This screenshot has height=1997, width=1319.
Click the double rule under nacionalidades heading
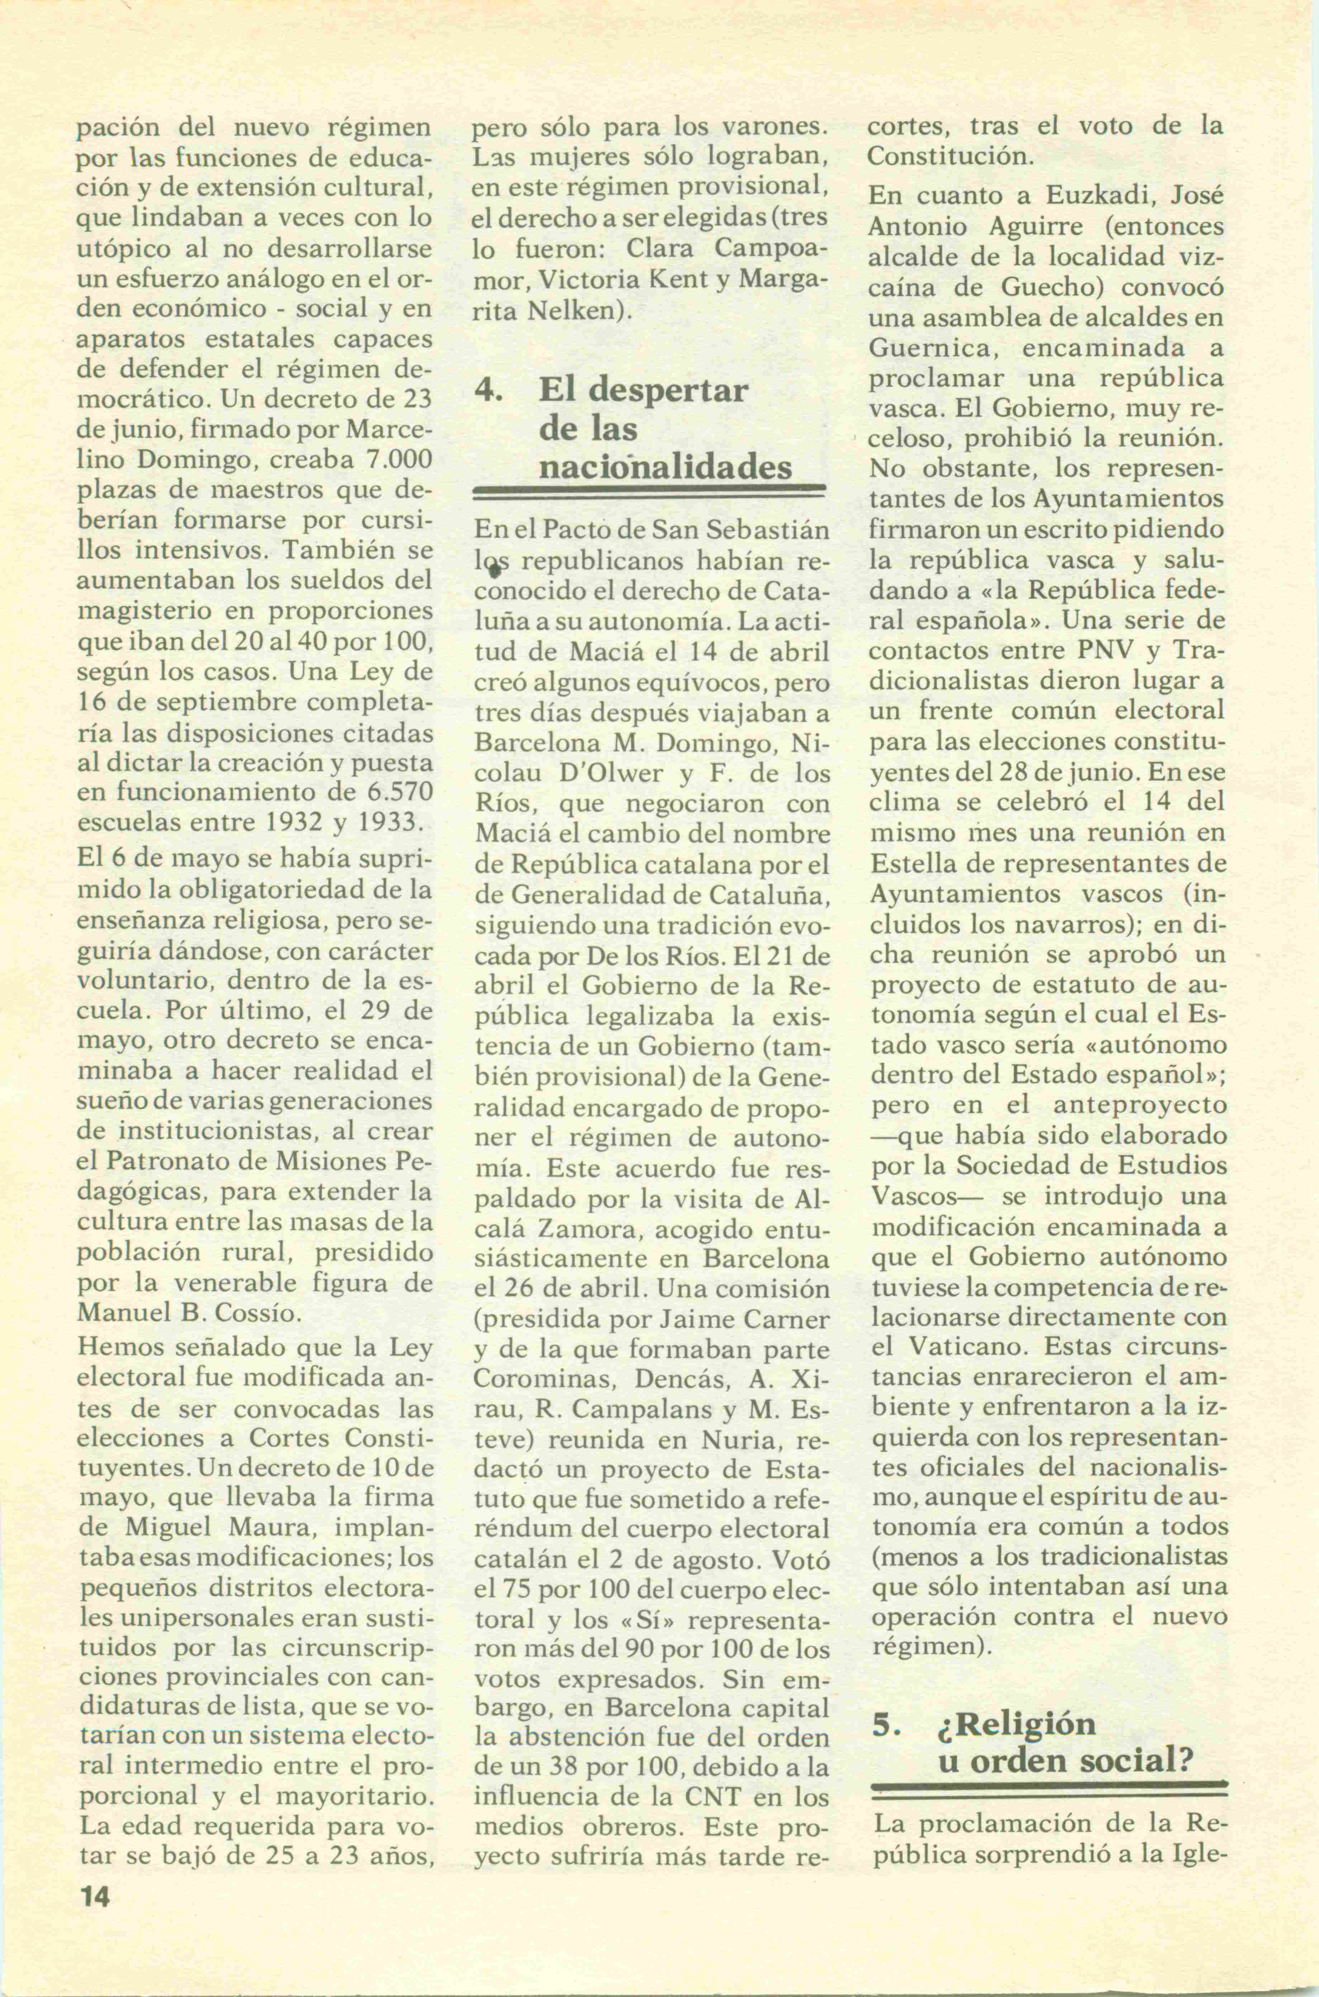tap(649, 491)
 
